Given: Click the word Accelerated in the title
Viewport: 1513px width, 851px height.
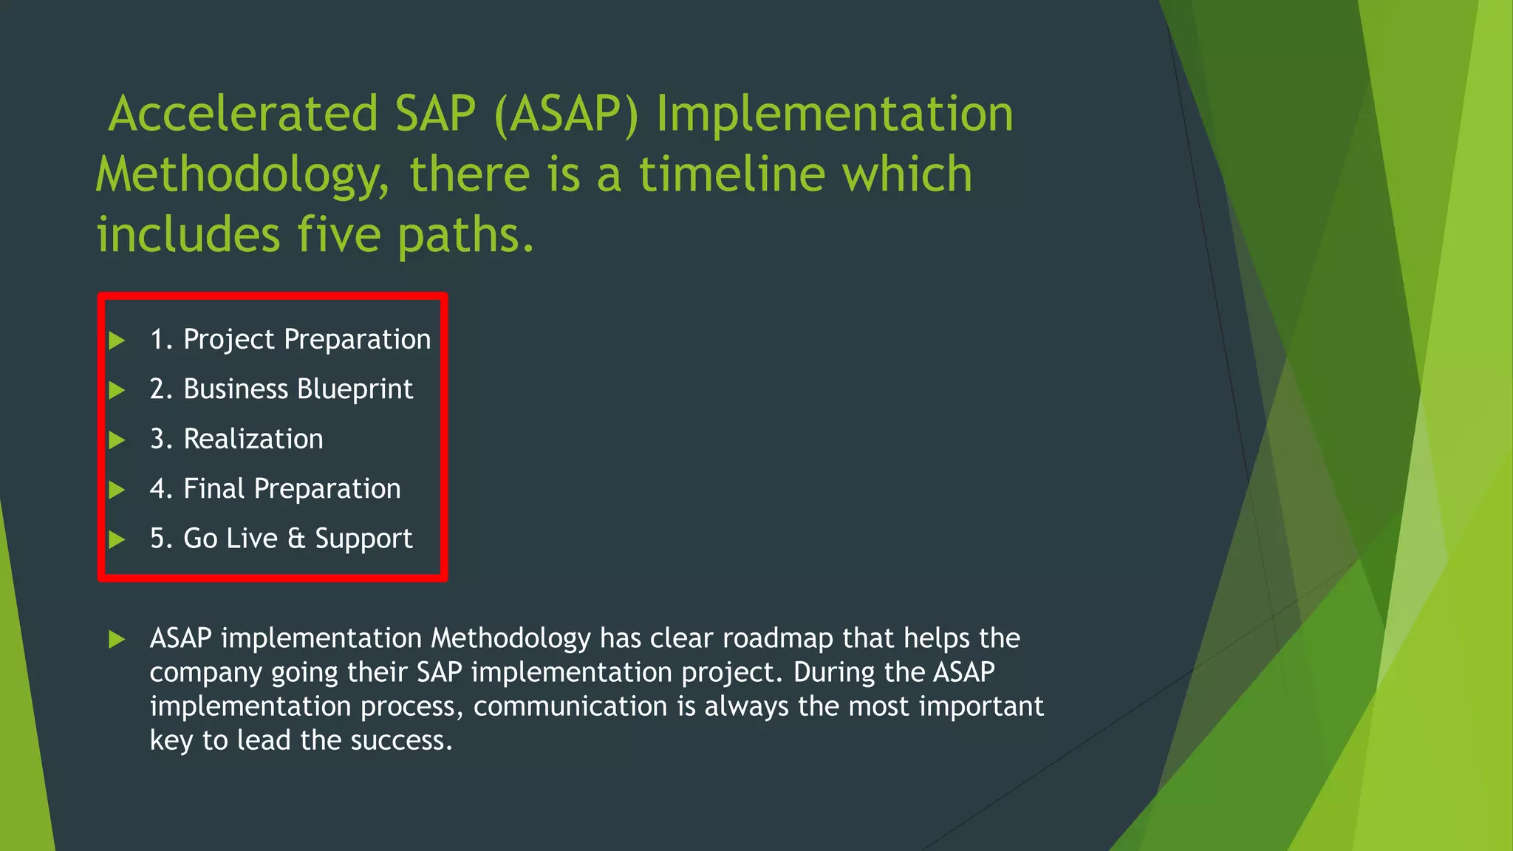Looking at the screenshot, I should [244, 114].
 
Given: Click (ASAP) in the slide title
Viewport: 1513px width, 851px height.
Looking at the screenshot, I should [566, 115].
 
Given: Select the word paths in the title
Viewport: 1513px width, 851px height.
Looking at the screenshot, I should [465, 235].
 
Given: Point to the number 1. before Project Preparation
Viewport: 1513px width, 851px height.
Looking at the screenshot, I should [161, 340].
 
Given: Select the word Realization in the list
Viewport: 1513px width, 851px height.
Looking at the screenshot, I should [253, 440].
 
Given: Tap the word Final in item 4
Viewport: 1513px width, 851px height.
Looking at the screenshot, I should [214, 489].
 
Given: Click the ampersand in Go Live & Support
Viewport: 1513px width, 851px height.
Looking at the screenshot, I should [296, 539].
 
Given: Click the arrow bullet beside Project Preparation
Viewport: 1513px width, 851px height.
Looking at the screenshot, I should [117, 341].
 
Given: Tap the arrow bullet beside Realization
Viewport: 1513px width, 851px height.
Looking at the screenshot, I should [117, 440].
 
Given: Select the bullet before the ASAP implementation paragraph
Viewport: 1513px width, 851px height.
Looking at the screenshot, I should [117, 639].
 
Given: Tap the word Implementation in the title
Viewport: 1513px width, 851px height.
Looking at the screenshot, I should [835, 114].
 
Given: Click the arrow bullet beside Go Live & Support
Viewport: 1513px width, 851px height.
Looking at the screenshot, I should [117, 540].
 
